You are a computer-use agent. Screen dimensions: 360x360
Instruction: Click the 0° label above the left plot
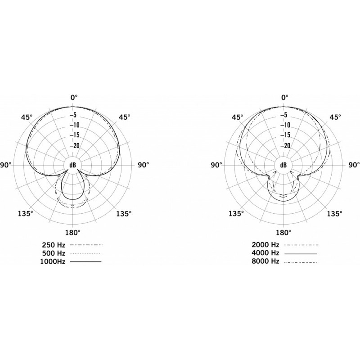(73, 97)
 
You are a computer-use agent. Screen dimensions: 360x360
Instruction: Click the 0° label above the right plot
(284, 97)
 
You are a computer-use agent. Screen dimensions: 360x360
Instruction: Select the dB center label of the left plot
(73, 165)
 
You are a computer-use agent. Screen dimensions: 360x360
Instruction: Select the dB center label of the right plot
(283, 165)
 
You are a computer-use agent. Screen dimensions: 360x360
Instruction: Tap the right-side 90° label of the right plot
(354, 165)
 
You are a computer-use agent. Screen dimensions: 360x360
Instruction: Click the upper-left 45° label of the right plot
(237, 117)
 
